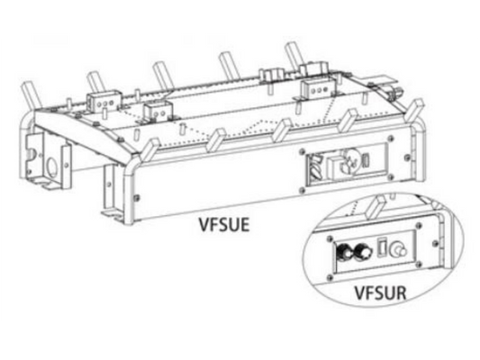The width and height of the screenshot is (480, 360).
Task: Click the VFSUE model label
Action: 224,225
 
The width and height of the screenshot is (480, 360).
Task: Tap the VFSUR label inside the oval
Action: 381,292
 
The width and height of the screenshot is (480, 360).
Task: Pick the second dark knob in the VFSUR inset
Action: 361,250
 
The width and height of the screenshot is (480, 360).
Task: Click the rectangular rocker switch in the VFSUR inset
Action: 383,247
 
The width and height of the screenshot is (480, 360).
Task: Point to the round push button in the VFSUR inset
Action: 397,248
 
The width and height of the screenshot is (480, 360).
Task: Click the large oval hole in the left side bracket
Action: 51,167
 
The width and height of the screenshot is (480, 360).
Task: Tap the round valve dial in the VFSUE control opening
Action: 349,160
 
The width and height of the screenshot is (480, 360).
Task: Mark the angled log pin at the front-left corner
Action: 150,148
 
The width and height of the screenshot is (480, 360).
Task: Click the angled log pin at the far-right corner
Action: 415,110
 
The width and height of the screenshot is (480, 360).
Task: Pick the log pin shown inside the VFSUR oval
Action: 376,206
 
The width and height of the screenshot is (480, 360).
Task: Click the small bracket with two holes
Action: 158,111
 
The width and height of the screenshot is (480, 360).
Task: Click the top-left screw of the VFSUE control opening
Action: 303,151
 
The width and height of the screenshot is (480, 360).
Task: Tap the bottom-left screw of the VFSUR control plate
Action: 330,278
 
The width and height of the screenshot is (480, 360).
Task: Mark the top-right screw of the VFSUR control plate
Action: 418,226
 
